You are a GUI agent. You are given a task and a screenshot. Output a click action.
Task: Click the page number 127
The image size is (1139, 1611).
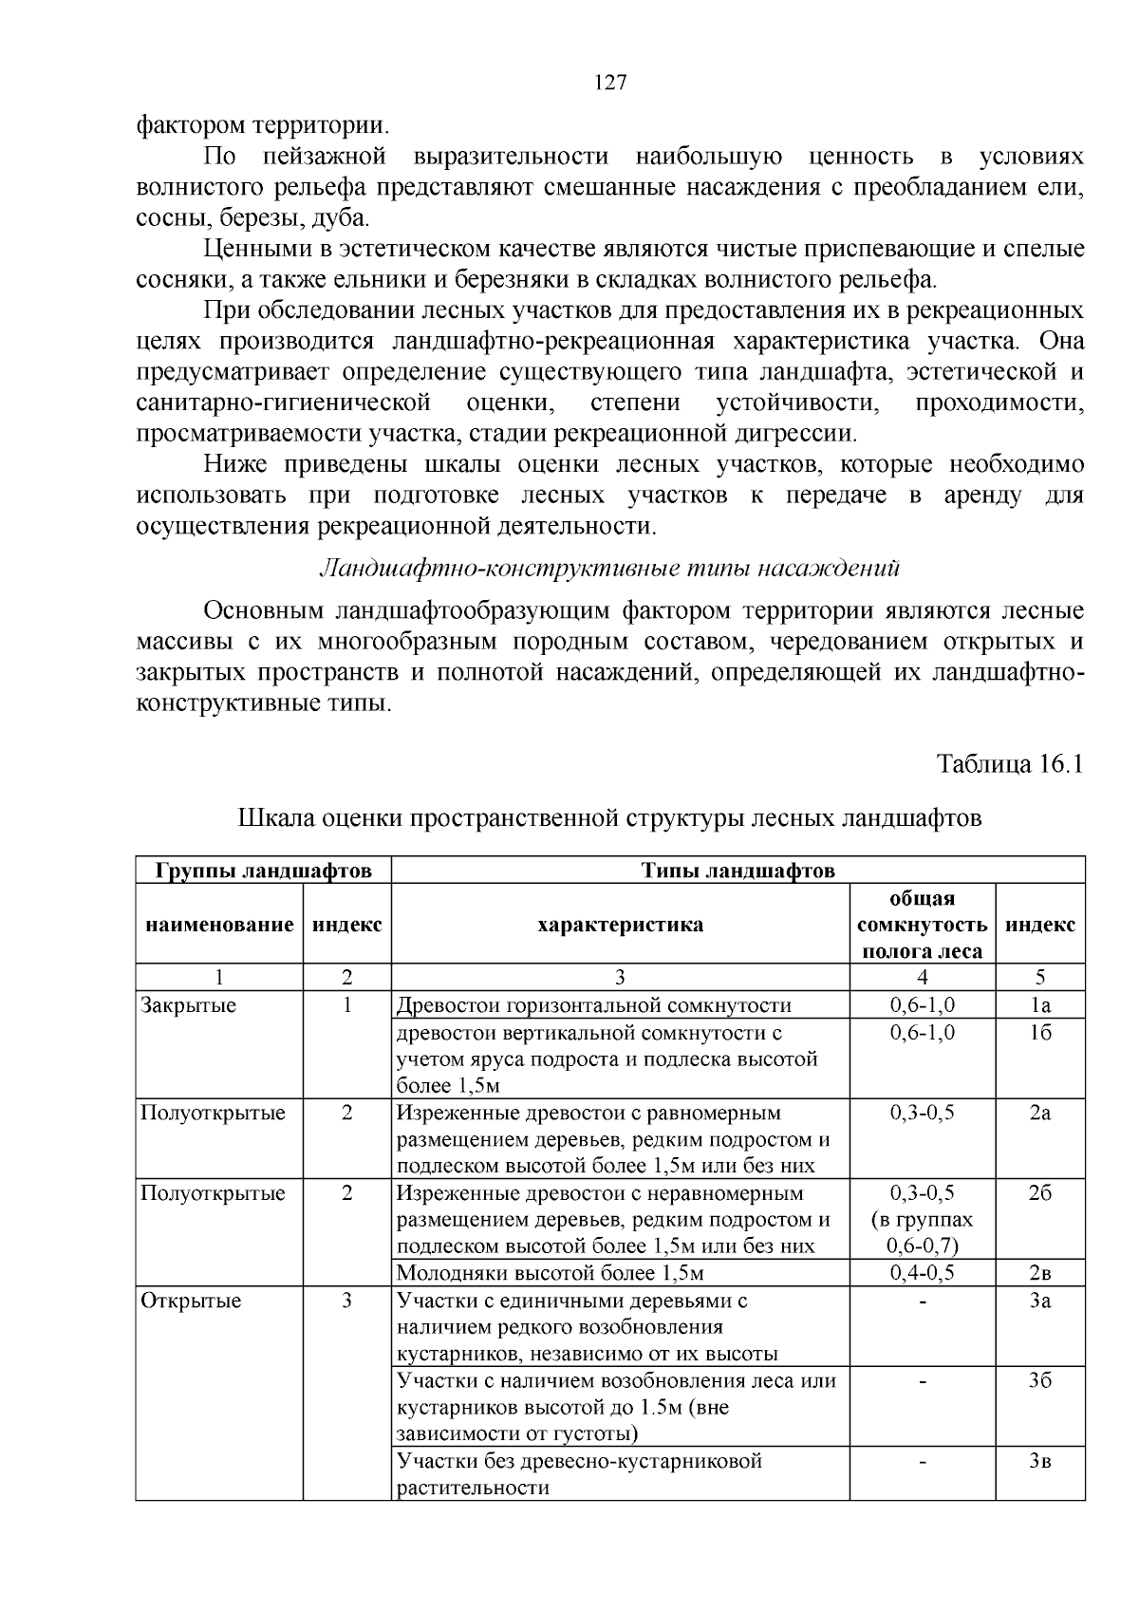pyautogui.click(x=610, y=83)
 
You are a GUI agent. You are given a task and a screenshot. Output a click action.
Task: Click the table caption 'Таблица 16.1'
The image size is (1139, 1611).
pyautogui.click(x=1009, y=764)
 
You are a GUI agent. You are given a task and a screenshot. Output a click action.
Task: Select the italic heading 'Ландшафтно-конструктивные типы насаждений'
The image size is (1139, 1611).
pyautogui.click(x=609, y=568)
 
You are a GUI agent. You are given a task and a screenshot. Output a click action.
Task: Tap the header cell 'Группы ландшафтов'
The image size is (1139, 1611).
pyautogui.click(x=263, y=871)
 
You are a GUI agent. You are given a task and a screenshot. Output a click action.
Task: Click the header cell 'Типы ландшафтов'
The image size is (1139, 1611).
pyautogui.click(x=738, y=871)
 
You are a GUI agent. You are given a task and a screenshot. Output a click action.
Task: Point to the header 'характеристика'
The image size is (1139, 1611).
pyautogui.click(x=620, y=925)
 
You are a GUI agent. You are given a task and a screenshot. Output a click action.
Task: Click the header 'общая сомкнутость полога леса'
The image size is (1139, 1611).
pyautogui.click(x=921, y=925)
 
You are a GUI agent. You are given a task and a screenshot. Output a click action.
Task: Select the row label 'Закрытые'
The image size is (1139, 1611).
pyautogui.click(x=189, y=1005)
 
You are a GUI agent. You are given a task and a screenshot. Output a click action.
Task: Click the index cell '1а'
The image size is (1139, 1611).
pyautogui.click(x=1040, y=1005)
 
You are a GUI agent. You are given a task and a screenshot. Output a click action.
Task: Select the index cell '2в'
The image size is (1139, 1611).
pyautogui.click(x=1040, y=1273)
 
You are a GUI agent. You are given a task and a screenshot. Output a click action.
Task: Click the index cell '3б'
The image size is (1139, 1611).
pyautogui.click(x=1040, y=1381)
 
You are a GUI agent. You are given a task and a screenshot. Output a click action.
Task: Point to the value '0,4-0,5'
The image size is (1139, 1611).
pyautogui.click(x=922, y=1273)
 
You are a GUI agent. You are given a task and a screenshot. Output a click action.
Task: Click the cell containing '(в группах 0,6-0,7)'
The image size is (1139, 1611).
pyautogui.click(x=922, y=1232)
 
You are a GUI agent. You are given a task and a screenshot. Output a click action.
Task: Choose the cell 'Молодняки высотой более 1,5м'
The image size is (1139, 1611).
pyautogui.click(x=550, y=1273)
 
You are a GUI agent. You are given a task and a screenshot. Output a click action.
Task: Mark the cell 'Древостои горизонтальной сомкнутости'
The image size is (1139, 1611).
pyautogui.click(x=593, y=1005)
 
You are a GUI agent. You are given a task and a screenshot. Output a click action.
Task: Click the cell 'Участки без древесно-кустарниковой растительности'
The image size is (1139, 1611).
pyautogui.click(x=579, y=1473)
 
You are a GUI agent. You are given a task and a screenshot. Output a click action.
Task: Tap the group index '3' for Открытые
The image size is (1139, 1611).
pyautogui.click(x=346, y=1301)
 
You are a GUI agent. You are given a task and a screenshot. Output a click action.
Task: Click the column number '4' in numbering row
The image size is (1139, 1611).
pyautogui.click(x=922, y=978)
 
